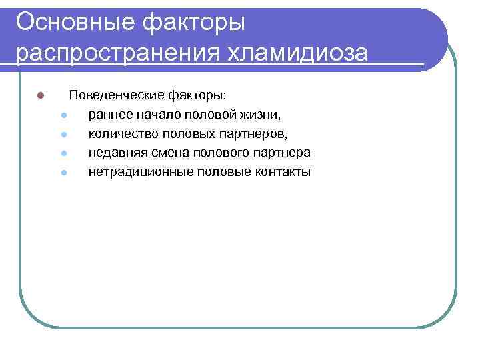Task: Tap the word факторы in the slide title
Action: (203, 22)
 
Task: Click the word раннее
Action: (109, 114)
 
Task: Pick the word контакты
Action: (283, 172)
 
